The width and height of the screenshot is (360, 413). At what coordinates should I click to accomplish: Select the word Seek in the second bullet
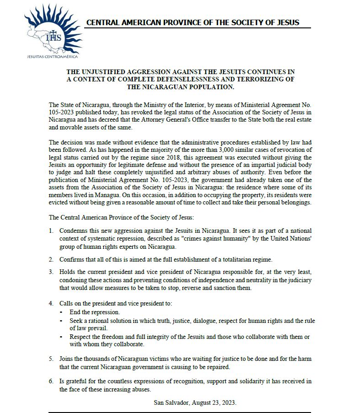76,321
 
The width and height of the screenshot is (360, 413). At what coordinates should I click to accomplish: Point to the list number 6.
51,381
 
